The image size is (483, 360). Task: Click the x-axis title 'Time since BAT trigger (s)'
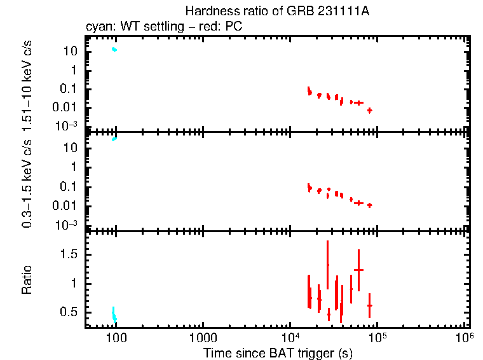(278, 352)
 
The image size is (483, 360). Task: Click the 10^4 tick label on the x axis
(290, 336)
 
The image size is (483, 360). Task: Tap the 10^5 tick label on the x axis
(378, 336)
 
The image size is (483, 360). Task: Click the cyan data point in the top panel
(114, 49)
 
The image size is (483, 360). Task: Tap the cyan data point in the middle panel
(114, 139)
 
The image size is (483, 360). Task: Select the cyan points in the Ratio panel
(114, 315)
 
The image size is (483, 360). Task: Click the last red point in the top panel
(369, 110)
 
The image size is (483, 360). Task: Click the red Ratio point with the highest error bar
(328, 265)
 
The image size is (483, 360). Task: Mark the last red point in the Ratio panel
(369, 305)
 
